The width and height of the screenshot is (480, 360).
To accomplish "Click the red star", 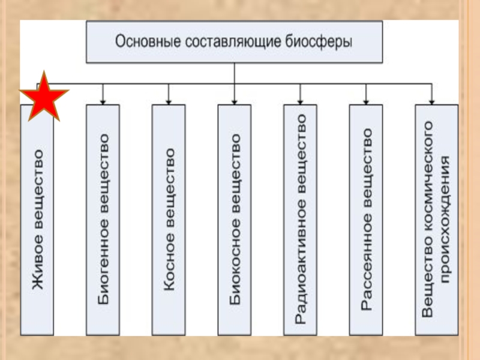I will (44, 96).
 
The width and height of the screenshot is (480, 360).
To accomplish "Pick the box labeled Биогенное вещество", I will (103, 220).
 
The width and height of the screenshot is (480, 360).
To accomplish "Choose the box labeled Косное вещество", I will (169, 220).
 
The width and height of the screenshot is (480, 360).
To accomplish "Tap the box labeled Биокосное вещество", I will (235, 220).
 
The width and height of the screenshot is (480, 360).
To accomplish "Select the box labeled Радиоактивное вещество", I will (300, 220).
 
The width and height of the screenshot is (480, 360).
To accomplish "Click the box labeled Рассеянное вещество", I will (366, 220).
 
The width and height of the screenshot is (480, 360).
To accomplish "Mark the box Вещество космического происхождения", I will (436, 220).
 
